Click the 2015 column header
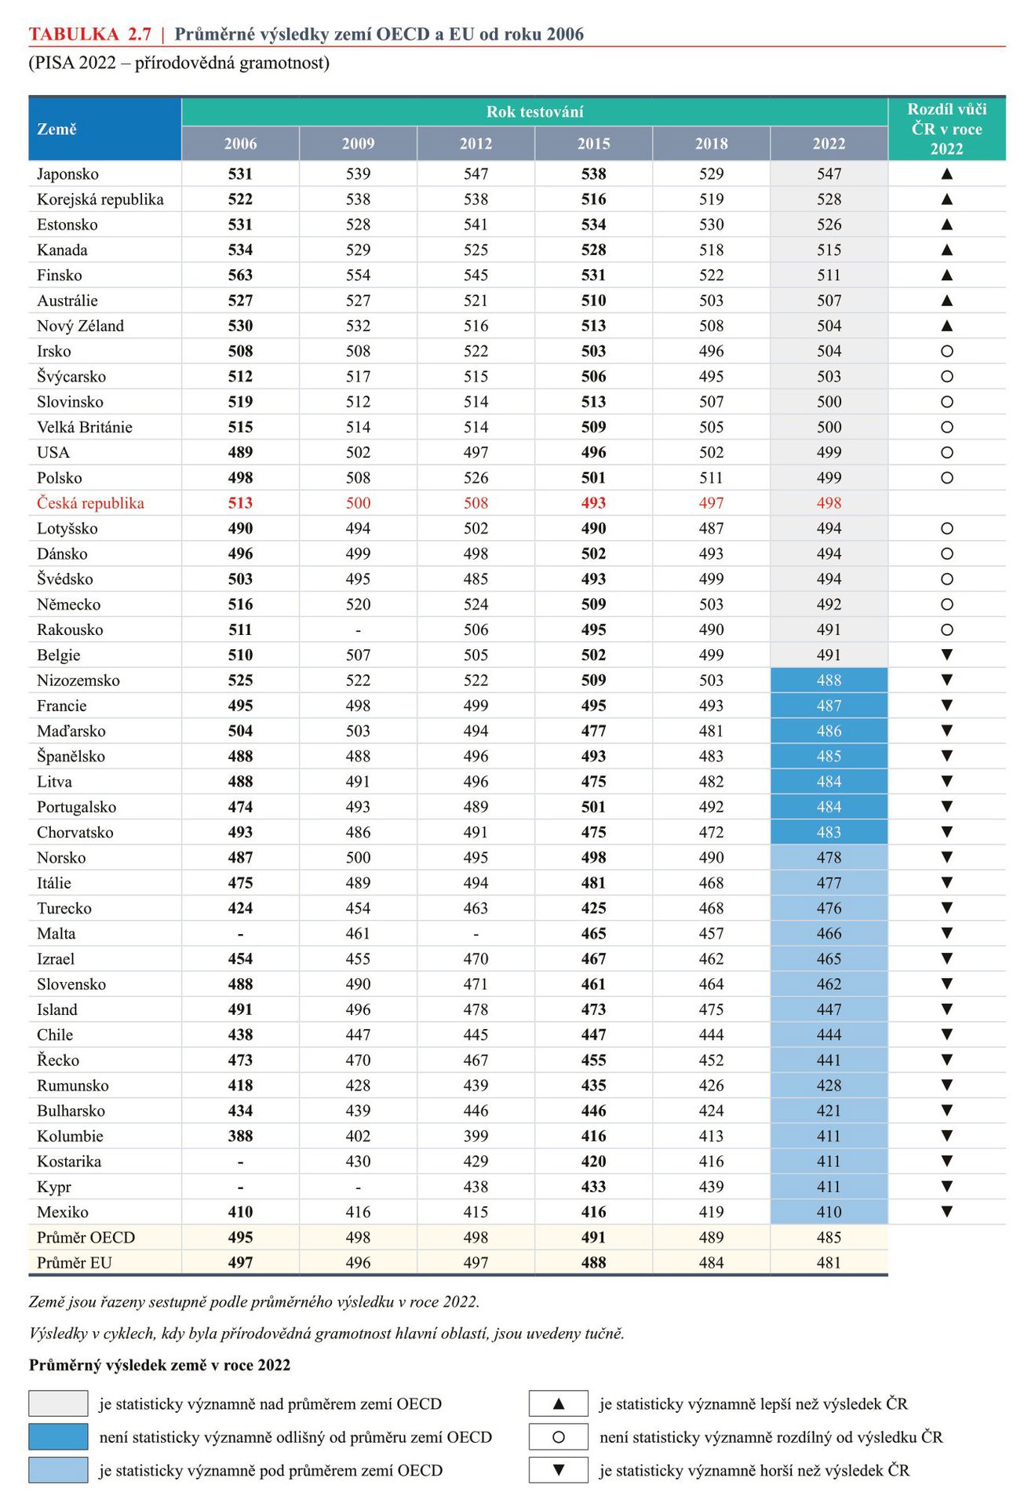click(x=593, y=144)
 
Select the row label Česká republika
click(x=90, y=503)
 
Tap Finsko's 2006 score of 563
click(x=240, y=275)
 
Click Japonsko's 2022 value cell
click(x=829, y=173)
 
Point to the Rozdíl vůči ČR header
click(x=946, y=129)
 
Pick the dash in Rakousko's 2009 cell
click(x=358, y=630)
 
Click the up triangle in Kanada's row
click(x=946, y=250)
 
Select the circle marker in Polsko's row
click(x=946, y=478)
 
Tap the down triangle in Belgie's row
click(x=946, y=655)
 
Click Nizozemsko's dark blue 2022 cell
click(x=829, y=681)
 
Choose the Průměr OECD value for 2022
click(x=829, y=1238)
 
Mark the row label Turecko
click(x=64, y=908)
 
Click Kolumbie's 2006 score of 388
click(x=240, y=1137)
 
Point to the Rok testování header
click(x=534, y=111)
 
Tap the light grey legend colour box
click(x=58, y=1403)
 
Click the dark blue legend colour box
click(x=58, y=1437)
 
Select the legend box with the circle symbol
click(x=558, y=1437)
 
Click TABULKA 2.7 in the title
click(x=89, y=34)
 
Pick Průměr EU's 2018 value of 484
click(x=711, y=1263)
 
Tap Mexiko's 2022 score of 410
click(x=829, y=1213)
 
